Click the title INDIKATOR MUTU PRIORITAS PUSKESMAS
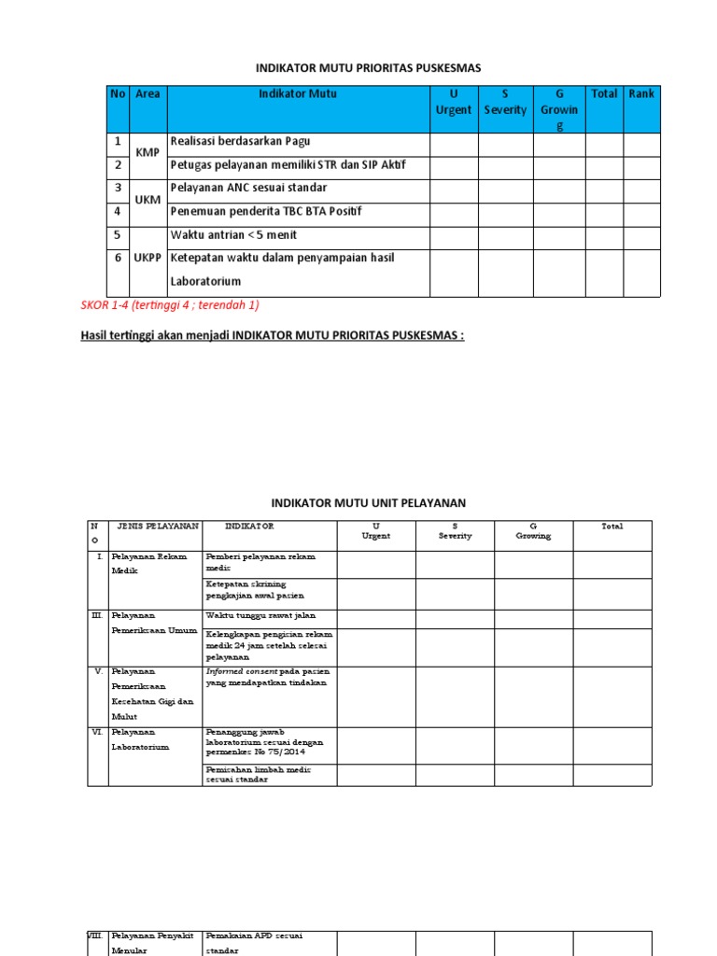coord(368,67)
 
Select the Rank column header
coord(641,93)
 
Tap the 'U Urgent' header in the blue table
coord(454,102)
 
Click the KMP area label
coord(148,152)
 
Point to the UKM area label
coord(148,200)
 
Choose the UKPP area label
coord(148,258)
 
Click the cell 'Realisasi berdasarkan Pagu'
coord(240,142)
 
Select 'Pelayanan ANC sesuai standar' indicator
coord(248,188)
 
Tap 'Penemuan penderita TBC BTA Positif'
coord(265,211)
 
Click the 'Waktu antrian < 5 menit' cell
coord(233,235)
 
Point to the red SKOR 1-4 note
coord(169,306)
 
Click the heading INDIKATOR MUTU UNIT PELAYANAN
coord(368,503)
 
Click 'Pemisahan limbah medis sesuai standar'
coord(259,774)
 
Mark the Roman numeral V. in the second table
coord(98,671)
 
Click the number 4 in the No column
coord(119,212)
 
